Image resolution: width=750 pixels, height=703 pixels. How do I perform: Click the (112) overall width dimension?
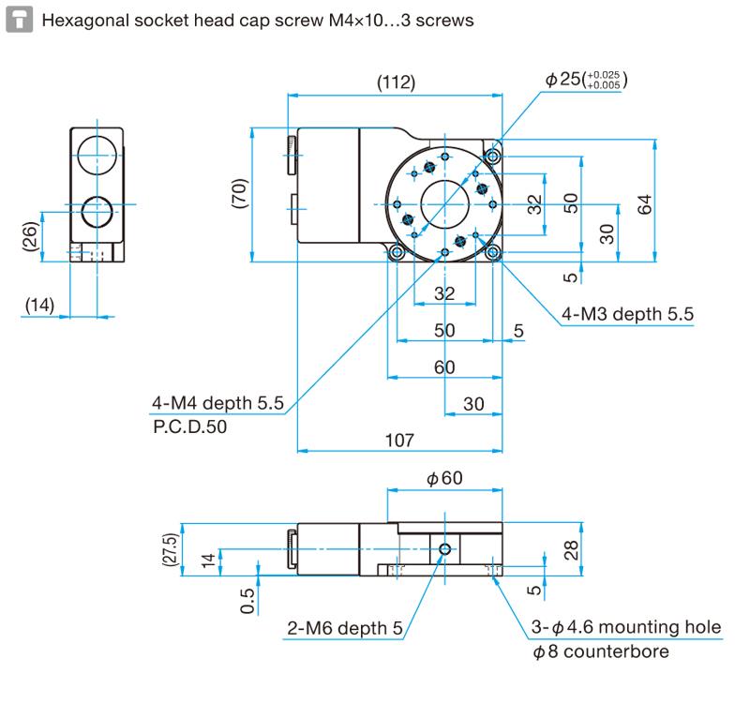[x=396, y=82]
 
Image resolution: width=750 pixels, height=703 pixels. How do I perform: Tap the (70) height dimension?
[x=240, y=194]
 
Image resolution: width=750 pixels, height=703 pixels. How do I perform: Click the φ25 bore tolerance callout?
[x=587, y=82]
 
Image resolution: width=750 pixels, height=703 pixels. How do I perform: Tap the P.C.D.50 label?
[x=189, y=426]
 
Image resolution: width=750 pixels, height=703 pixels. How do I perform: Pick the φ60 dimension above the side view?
[x=444, y=479]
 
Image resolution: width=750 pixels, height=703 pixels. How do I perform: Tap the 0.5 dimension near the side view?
[x=247, y=601]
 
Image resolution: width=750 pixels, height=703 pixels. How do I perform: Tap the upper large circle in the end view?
[x=96, y=153]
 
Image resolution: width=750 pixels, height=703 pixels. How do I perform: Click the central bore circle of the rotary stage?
[x=444, y=204]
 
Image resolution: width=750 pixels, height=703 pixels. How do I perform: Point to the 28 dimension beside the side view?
[x=572, y=547]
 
